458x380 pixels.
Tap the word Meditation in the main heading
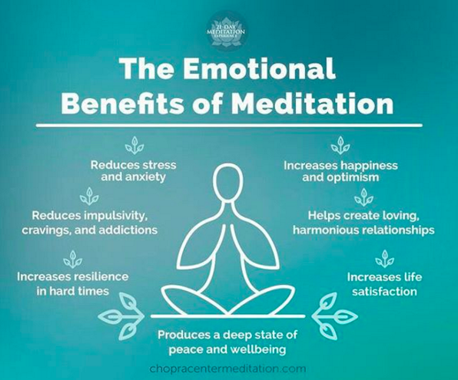coord(314,104)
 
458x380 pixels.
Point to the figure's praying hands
coord(228,243)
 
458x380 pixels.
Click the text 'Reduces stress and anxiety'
coord(133,171)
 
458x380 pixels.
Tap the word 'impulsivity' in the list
coord(114,216)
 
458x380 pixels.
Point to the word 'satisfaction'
coord(384,291)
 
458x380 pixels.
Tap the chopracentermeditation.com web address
coord(227,368)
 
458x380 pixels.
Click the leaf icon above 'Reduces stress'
coord(134,145)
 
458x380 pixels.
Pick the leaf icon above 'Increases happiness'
coord(340,145)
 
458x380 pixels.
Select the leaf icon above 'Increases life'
coord(385,259)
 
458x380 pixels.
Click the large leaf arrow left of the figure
coord(121,316)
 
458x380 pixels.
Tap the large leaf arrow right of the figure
coord(335,316)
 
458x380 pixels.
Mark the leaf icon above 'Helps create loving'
coord(364,197)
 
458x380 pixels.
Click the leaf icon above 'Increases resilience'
coord(73,259)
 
